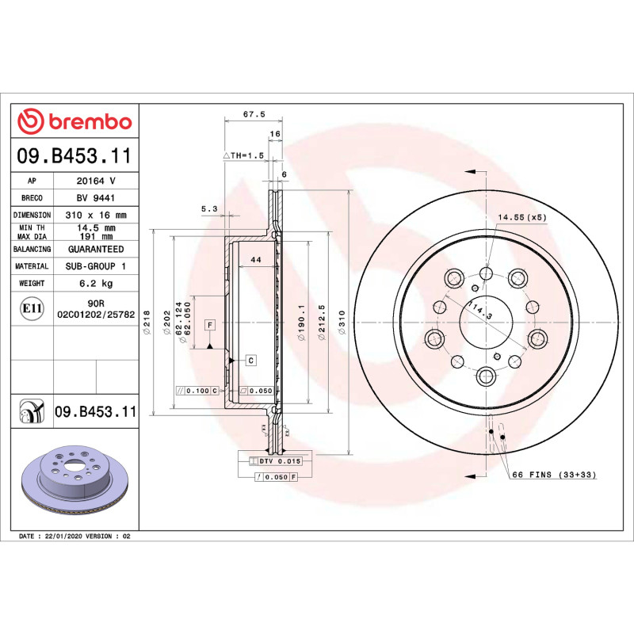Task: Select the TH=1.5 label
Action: (x=246, y=155)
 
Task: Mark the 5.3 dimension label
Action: (x=209, y=209)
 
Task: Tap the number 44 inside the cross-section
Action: (x=255, y=260)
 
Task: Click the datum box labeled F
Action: (x=209, y=325)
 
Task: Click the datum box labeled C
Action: (x=250, y=361)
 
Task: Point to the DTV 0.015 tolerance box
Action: (x=281, y=460)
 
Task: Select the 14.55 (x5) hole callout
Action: (x=521, y=216)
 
